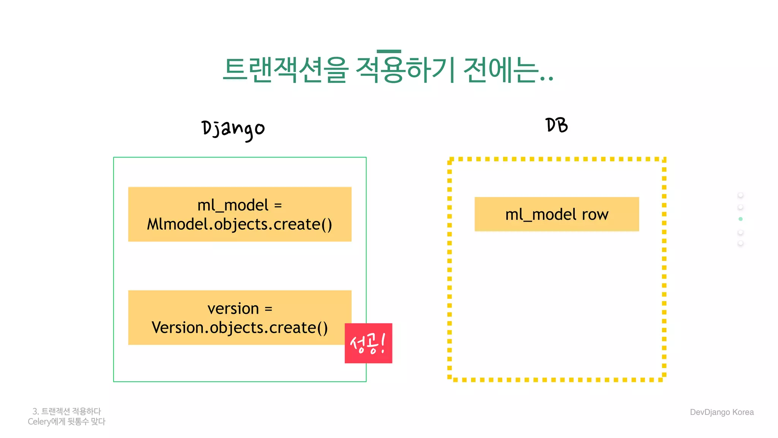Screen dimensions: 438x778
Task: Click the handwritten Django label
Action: point(233,129)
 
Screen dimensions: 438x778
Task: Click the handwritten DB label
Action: point(557,125)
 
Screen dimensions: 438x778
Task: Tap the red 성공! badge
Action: point(368,343)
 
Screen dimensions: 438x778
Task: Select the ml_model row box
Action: point(557,214)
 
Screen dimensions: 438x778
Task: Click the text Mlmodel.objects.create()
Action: point(239,224)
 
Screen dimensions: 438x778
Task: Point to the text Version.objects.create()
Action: point(239,328)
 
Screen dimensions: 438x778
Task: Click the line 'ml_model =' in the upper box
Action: point(239,205)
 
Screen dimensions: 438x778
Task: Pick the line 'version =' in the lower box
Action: point(239,308)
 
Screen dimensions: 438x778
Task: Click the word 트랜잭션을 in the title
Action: point(285,70)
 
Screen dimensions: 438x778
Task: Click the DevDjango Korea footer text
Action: point(721,412)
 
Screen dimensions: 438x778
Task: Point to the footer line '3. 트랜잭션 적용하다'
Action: point(67,411)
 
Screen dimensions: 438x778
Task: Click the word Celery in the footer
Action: point(39,422)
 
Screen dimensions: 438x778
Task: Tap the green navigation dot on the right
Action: point(740,219)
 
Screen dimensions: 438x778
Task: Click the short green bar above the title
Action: point(389,51)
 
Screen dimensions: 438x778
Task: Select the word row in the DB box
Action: point(595,214)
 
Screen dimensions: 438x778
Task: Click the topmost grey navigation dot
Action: point(740,195)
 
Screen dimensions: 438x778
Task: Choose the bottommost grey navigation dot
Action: point(740,243)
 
